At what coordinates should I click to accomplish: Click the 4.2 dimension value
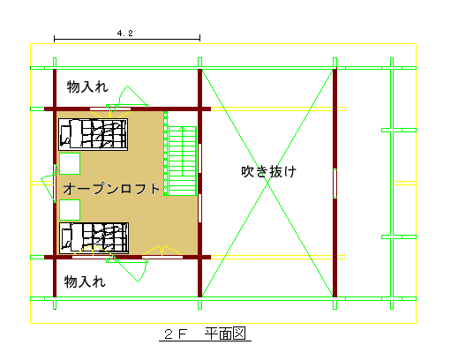(125, 34)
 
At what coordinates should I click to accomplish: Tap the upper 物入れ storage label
(87, 86)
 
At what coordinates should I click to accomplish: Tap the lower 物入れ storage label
(85, 281)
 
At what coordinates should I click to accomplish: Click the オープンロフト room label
(111, 189)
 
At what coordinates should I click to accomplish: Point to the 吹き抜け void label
(268, 171)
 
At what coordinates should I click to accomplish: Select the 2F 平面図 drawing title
(205, 334)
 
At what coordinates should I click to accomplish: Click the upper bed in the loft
(94, 134)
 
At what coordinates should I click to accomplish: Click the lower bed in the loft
(94, 238)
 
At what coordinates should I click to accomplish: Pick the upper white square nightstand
(70, 163)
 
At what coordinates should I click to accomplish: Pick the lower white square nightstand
(70, 210)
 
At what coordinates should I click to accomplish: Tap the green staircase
(183, 161)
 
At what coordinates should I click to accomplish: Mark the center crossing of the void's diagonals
(267, 184)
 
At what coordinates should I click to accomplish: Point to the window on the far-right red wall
(334, 184)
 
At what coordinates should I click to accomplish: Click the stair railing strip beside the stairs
(166, 154)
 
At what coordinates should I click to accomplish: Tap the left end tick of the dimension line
(55, 39)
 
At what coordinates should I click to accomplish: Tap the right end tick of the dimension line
(199, 39)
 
